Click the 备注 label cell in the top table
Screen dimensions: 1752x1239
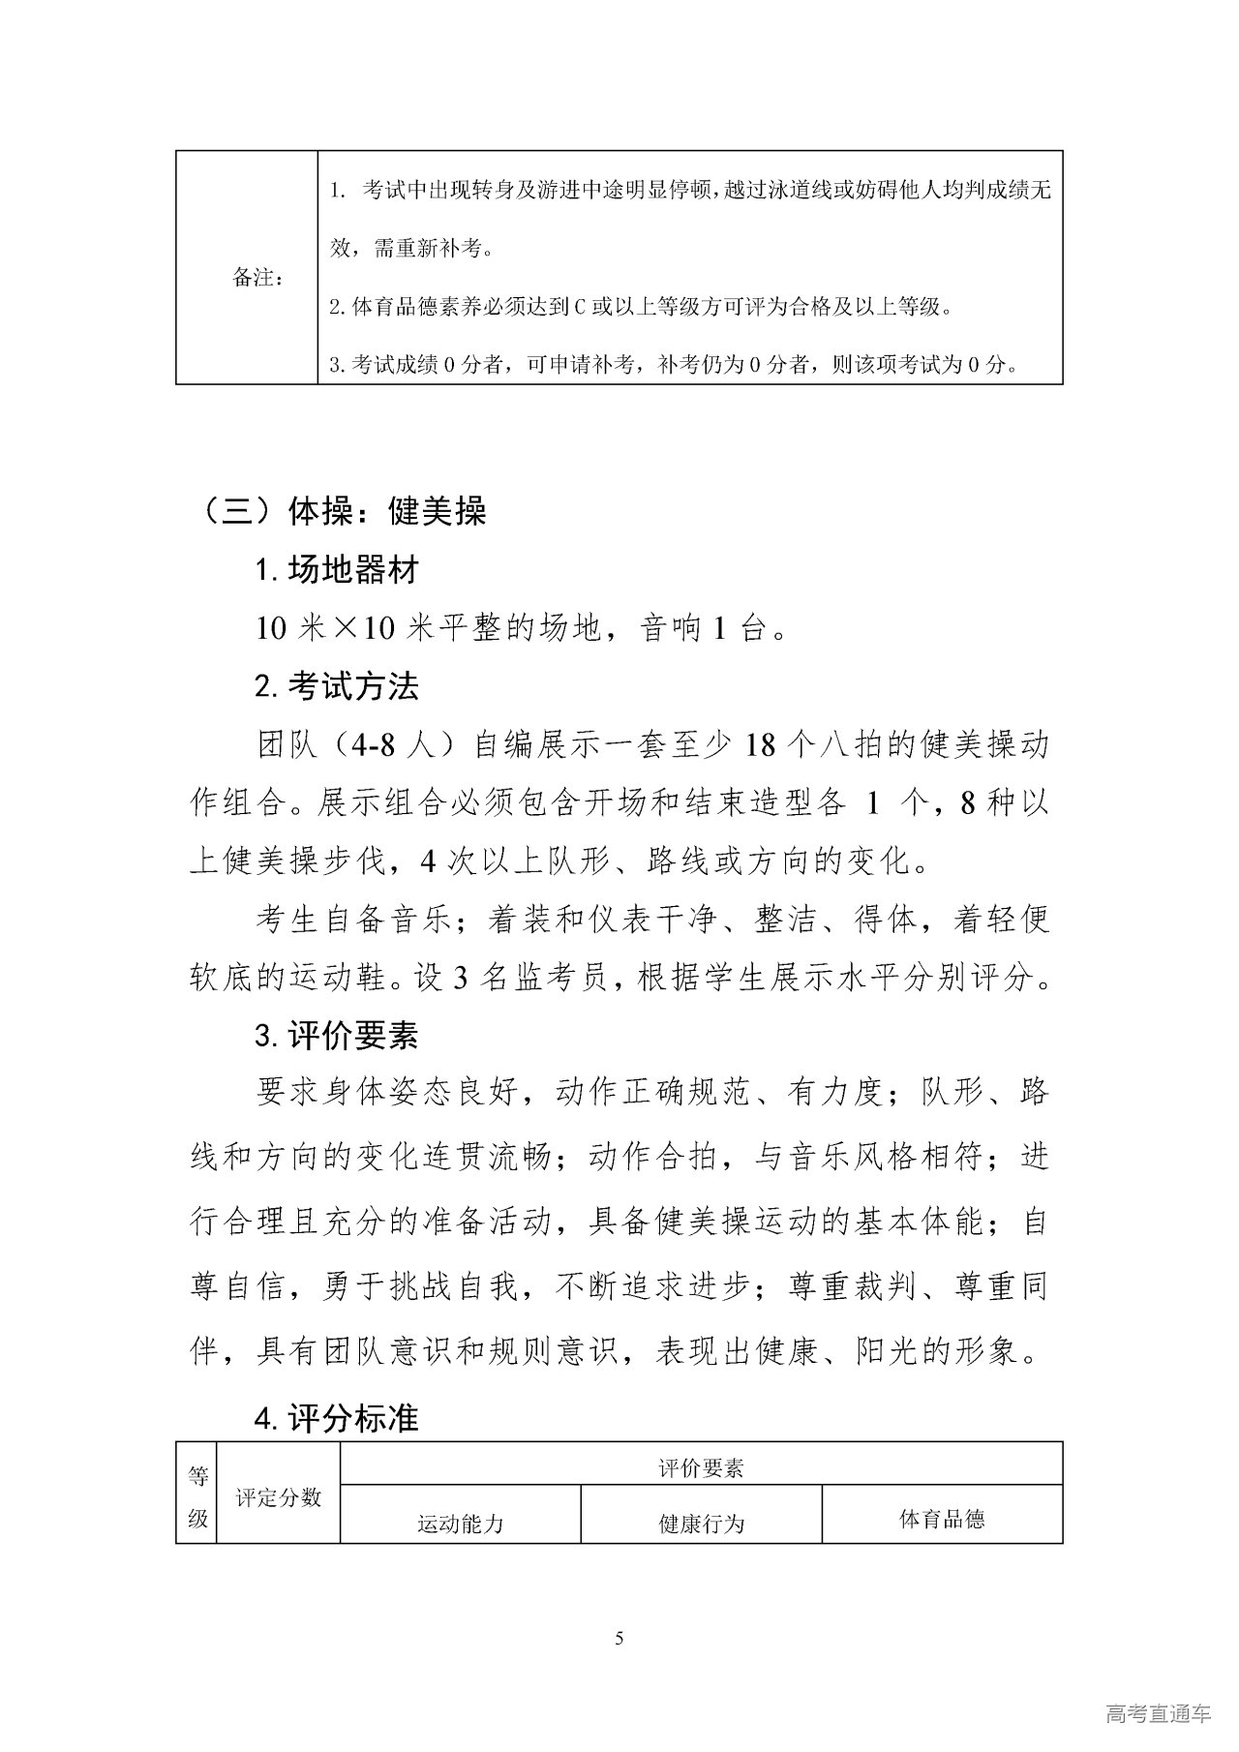click(x=258, y=279)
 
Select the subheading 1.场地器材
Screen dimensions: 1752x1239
click(x=337, y=570)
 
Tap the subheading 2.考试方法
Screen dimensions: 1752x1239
click(x=337, y=687)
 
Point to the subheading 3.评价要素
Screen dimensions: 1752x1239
click(x=337, y=1037)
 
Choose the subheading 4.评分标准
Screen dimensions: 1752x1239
click(x=337, y=1419)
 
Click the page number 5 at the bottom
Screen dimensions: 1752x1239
click(x=619, y=1639)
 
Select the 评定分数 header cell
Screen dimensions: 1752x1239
click(x=278, y=1496)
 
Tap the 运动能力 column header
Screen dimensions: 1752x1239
click(x=460, y=1525)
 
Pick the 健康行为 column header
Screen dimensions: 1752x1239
click(x=701, y=1525)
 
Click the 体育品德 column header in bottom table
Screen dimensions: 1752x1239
click(x=942, y=1520)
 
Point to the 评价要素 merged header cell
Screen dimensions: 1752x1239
click(x=701, y=1469)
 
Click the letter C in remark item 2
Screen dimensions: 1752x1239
click(x=579, y=309)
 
